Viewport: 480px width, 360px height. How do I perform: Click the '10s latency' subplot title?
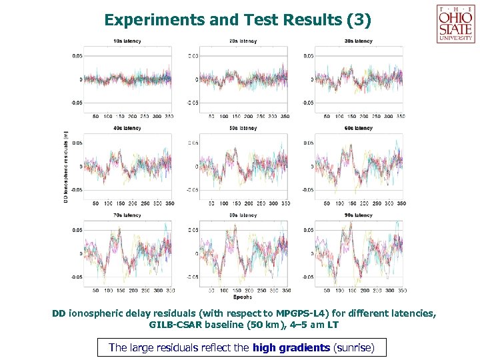(127, 41)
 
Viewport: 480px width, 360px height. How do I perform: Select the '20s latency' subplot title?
(243, 41)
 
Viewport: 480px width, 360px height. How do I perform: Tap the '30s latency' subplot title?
(359, 41)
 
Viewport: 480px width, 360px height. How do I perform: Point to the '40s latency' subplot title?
(127, 128)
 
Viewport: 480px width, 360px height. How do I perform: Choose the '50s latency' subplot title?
(243, 128)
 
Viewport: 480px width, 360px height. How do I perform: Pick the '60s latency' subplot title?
(359, 128)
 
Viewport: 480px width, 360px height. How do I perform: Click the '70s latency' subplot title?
(127, 215)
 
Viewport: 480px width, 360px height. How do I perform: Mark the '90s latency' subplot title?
(359, 215)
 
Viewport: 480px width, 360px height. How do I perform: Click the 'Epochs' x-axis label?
(243, 297)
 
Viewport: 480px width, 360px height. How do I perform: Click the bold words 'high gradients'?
(291, 347)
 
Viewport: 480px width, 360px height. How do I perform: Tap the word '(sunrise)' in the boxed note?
(354, 347)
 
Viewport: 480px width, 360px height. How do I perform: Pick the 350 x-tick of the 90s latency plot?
(401, 291)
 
